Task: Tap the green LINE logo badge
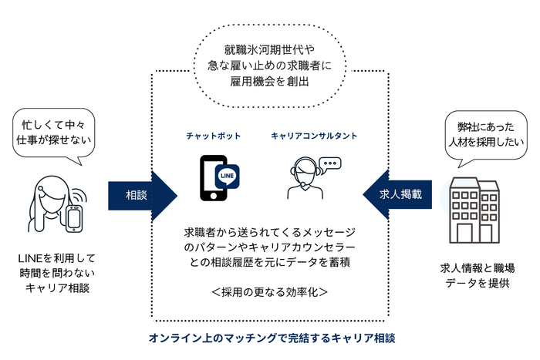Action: pos(228,175)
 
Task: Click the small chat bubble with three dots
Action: pos(330,163)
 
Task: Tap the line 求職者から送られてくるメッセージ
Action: pos(270,231)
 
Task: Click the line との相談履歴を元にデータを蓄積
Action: pos(270,262)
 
